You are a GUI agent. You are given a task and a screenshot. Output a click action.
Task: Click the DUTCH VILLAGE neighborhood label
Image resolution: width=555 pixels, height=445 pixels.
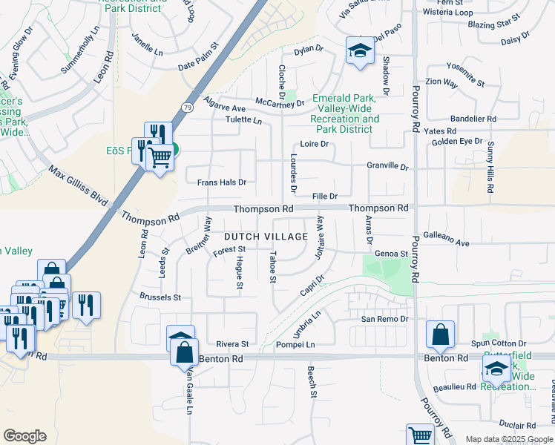(265, 236)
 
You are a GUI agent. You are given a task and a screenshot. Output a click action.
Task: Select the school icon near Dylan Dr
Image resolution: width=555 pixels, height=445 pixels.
(360, 51)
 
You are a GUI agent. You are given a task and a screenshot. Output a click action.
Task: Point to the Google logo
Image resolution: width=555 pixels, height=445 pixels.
(24, 436)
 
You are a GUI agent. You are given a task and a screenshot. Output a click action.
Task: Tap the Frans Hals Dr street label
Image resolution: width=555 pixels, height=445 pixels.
(221, 182)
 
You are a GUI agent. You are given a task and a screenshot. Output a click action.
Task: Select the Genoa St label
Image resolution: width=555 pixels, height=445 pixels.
(392, 253)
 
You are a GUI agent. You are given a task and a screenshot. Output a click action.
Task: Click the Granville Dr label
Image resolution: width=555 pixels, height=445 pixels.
(388, 167)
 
